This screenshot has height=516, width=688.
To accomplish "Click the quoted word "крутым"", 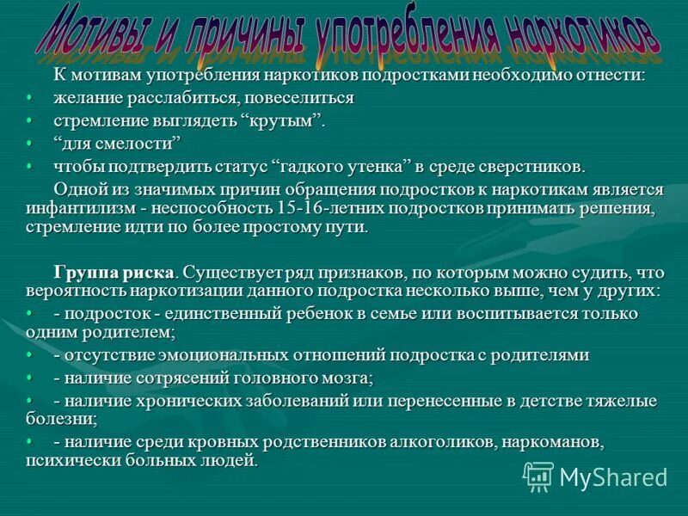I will (286, 120).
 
